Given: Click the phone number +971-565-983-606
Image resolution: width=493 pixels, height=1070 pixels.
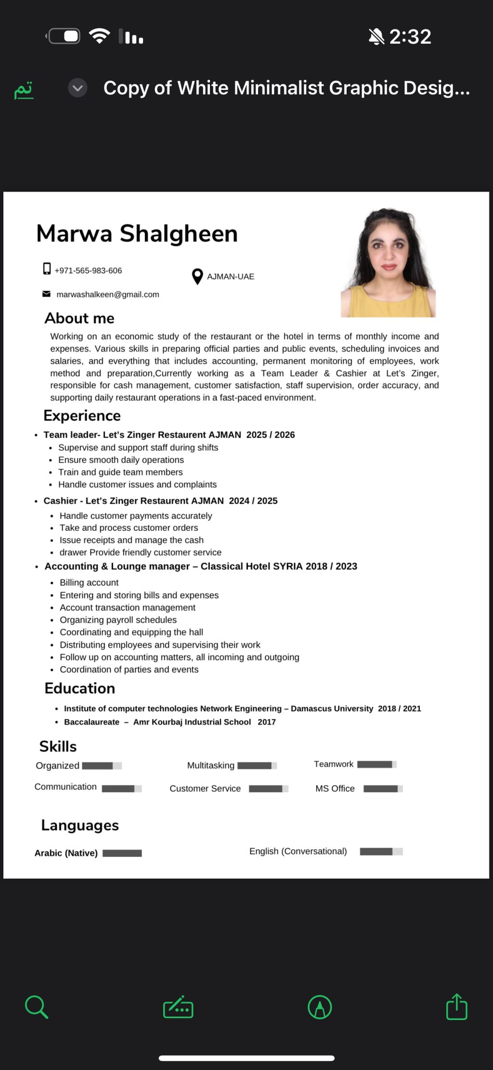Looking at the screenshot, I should click(88, 271).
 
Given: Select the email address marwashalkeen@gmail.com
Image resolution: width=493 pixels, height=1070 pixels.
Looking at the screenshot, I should click(108, 294).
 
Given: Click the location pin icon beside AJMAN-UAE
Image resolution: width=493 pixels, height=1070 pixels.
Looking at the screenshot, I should click(197, 277).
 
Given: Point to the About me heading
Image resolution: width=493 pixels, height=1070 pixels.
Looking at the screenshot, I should click(79, 318).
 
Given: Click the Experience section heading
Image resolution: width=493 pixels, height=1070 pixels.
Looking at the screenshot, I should click(82, 415).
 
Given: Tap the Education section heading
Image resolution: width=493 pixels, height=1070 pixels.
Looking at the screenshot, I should click(80, 688).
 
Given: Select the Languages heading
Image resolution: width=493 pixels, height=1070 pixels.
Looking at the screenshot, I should click(80, 825).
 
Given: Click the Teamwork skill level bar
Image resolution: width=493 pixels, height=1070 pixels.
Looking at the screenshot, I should click(377, 764).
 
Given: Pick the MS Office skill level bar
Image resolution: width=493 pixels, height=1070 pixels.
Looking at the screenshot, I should click(383, 789).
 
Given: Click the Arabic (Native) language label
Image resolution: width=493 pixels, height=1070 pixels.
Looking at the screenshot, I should click(66, 853).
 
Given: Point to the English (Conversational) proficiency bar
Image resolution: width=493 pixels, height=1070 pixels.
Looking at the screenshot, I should click(381, 852).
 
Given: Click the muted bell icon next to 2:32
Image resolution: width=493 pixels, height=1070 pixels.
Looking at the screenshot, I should click(376, 37).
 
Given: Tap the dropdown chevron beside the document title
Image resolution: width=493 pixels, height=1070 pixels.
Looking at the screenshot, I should click(78, 88).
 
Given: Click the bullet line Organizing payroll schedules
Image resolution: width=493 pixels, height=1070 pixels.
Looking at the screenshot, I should click(118, 620).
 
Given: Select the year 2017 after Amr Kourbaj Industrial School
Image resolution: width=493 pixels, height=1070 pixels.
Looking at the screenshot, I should click(267, 722).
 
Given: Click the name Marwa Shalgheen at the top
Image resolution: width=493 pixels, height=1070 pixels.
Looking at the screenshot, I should click(137, 234).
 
